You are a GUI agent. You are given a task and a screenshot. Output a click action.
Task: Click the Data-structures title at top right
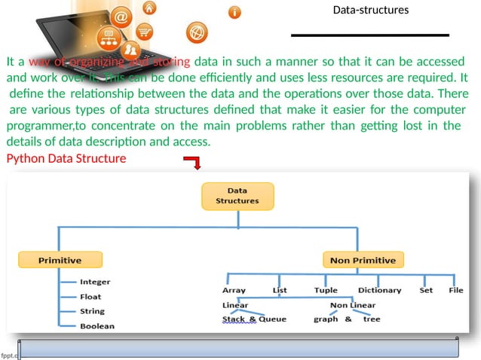pos(370,11)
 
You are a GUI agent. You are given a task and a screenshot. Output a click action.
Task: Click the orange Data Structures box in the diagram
pos(237,195)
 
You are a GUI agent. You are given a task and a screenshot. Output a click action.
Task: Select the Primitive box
pos(60,260)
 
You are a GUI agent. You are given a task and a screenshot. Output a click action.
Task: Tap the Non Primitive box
pos(362,260)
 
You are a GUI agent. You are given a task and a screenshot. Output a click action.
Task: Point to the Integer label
pos(95,282)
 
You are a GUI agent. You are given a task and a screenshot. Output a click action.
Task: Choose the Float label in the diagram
pos(90,297)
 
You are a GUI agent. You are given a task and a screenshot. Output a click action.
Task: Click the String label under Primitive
pos(92,311)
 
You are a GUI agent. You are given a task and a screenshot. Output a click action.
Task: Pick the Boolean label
pos(97,326)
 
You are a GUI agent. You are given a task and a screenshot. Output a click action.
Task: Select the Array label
pos(234,290)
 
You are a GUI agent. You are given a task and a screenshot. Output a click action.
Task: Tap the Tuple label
pos(326,290)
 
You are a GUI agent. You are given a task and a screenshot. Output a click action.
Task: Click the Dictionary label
pos(379,290)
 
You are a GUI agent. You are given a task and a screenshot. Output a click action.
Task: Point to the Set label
pos(426,290)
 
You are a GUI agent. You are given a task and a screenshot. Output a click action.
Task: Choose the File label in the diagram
pos(455,290)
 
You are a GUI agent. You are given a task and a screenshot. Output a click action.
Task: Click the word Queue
pos(272,319)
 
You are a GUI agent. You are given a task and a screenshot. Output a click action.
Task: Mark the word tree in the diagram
pos(372,319)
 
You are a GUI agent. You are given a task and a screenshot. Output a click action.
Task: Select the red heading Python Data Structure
pos(66,159)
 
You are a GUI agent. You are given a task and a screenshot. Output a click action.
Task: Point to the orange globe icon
pos(195,33)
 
